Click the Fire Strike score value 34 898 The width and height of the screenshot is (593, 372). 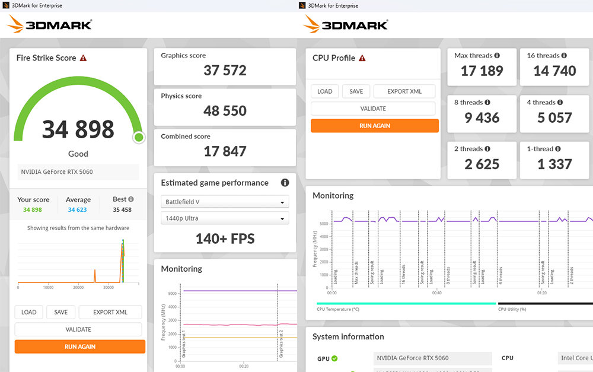point(78,129)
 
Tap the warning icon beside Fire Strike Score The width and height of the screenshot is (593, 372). point(84,58)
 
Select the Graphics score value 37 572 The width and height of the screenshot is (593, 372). point(225,71)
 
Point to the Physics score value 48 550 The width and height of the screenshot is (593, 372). point(225,111)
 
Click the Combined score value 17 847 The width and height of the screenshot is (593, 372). point(225,151)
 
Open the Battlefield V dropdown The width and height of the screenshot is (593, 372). point(225,202)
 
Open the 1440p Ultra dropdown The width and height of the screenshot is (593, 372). point(225,218)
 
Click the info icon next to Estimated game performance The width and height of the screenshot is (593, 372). point(285,183)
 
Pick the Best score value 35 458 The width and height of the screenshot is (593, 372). point(122,209)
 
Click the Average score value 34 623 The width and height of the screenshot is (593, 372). point(78,209)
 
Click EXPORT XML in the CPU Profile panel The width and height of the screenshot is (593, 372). point(404,91)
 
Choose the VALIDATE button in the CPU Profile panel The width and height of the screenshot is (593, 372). point(373,109)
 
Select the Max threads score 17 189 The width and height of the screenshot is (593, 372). point(482,71)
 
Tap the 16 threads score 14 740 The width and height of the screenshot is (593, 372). point(554,71)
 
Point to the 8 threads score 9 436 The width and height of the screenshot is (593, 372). point(482,117)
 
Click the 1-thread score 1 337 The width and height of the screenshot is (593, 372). point(554,164)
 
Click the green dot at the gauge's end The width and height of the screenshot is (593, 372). point(139,138)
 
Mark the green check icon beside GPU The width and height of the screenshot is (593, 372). point(334,358)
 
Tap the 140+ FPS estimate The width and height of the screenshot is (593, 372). point(225,239)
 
